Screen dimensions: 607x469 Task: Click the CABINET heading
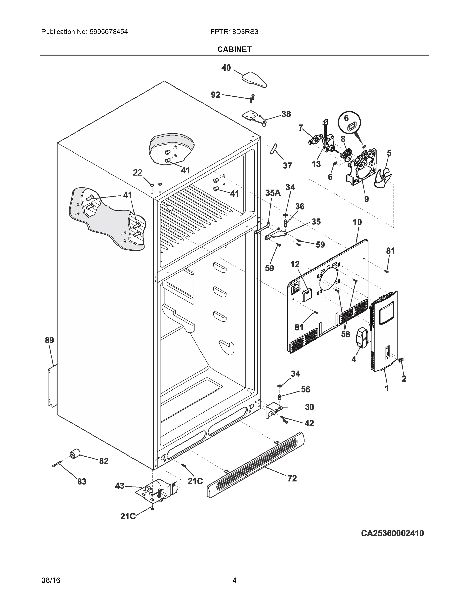tap(234, 49)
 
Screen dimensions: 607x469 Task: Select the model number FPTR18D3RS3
tap(234, 32)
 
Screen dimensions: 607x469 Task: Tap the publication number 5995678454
tap(109, 32)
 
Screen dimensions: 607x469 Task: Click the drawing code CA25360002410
tap(392, 533)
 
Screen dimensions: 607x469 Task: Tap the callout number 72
tap(292, 479)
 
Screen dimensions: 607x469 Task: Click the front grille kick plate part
tap(256, 464)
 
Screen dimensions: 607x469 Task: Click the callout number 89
tap(50, 340)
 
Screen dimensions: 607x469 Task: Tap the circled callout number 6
tap(346, 118)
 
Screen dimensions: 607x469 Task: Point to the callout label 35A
tap(273, 193)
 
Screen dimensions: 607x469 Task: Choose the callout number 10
tap(357, 222)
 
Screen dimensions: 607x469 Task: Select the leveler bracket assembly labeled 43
tap(157, 491)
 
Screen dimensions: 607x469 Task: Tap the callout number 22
tap(138, 173)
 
